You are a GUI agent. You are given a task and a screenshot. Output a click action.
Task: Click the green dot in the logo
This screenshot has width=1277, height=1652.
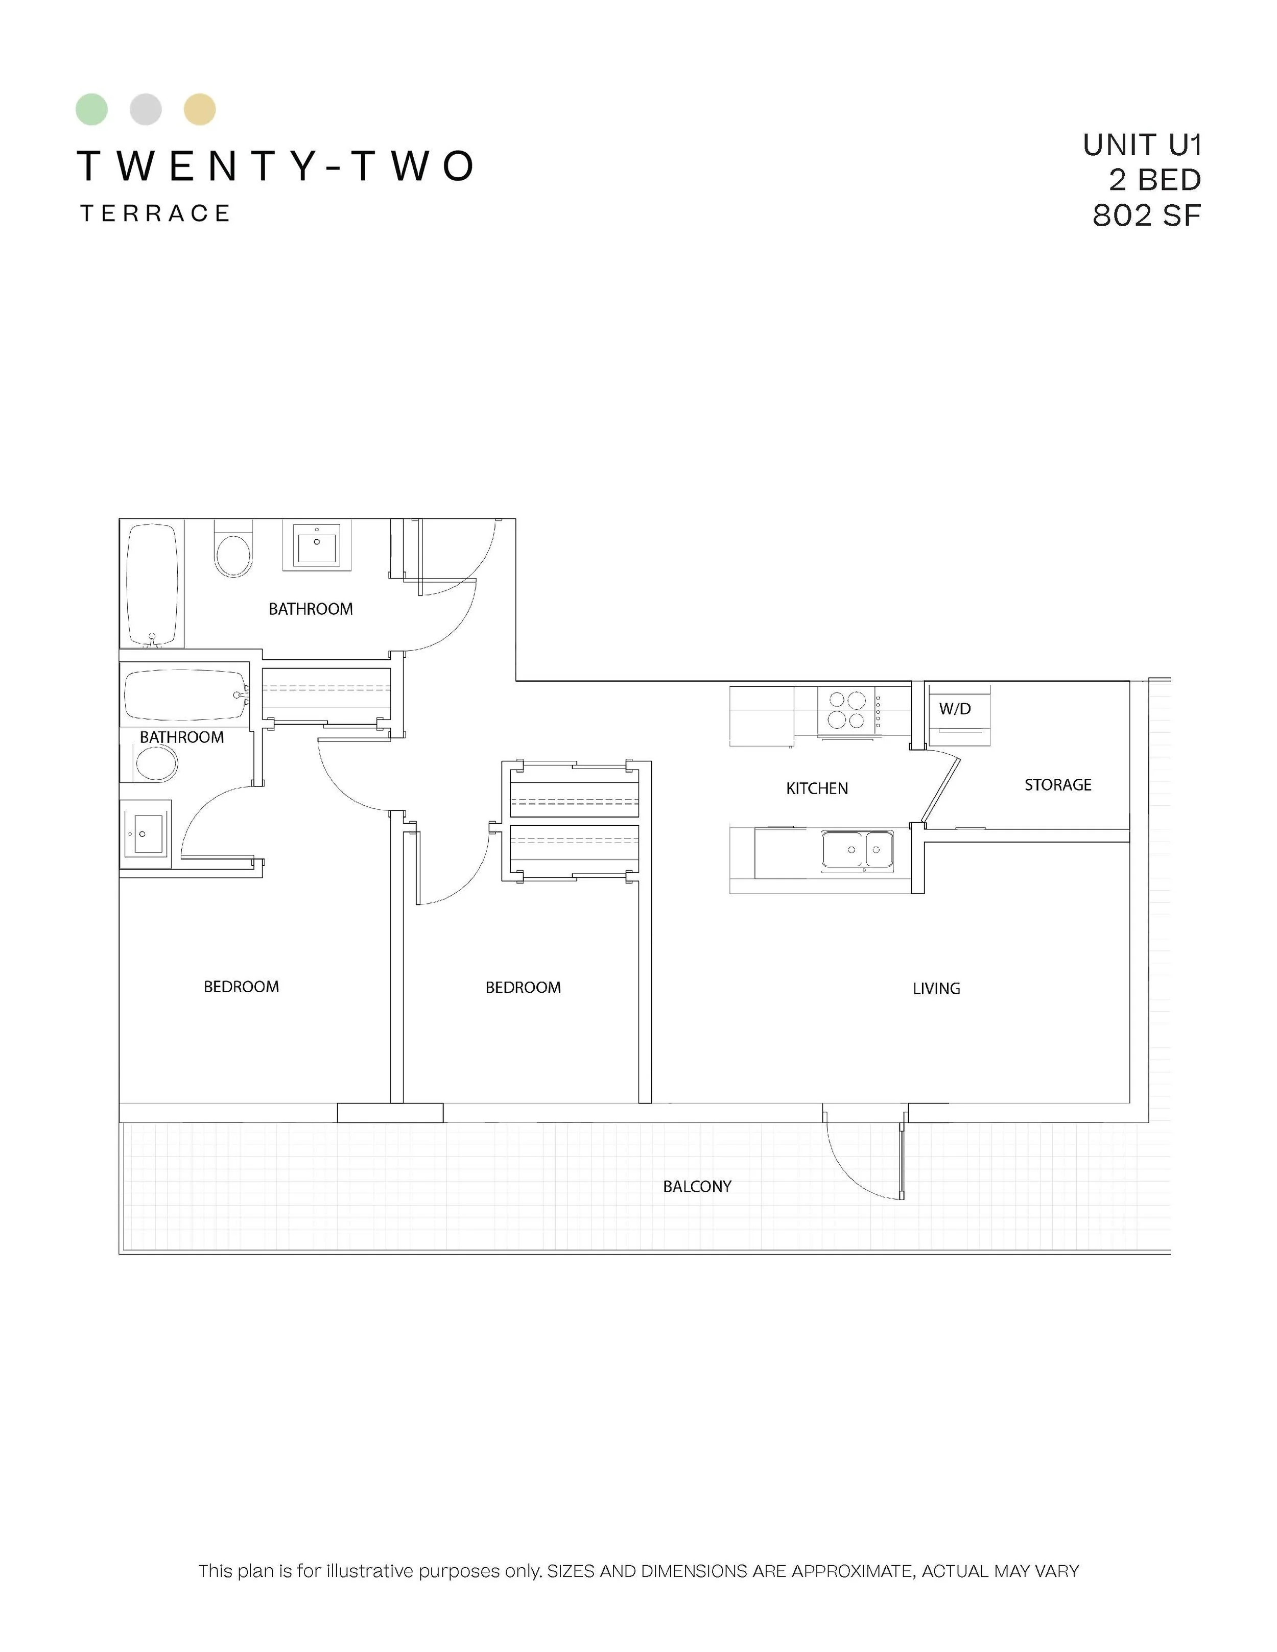point(91,110)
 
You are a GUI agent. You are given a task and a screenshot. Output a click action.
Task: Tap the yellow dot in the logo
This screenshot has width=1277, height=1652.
point(200,110)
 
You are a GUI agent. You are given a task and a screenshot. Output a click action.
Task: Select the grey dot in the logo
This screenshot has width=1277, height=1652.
point(145,110)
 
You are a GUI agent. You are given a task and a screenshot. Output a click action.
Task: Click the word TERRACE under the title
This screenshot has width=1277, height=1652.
point(155,213)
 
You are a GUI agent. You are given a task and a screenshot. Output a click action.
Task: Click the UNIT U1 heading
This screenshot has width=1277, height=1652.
point(1142,145)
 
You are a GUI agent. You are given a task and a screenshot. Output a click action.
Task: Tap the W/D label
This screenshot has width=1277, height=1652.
point(955,709)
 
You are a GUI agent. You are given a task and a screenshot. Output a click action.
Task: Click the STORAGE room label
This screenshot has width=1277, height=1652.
point(1057,785)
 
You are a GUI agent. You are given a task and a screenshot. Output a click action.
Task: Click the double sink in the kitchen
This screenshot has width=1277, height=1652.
point(858,849)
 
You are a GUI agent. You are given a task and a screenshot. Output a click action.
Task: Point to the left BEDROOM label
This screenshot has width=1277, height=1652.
point(241,987)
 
